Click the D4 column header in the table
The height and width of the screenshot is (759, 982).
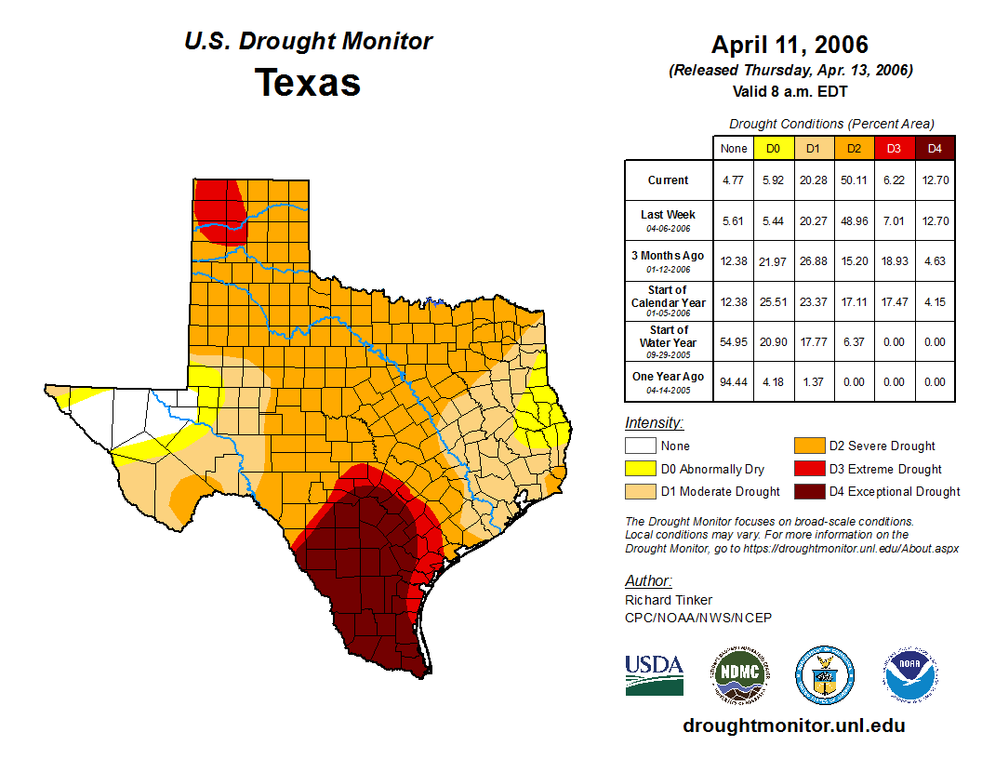[x=935, y=148]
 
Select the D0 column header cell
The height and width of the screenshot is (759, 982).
[x=773, y=148]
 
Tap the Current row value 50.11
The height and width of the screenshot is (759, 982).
[x=855, y=180]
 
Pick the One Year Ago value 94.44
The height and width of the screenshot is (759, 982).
[x=734, y=381]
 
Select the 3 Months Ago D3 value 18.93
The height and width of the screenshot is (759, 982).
[x=895, y=261]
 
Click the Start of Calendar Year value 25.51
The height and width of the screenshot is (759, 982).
[x=773, y=301]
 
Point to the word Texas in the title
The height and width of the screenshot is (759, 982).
[x=308, y=82]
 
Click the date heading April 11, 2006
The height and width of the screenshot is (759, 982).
[x=790, y=45]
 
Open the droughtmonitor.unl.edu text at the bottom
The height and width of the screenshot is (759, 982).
[x=793, y=726]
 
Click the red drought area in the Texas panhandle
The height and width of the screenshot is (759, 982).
[x=220, y=206]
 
